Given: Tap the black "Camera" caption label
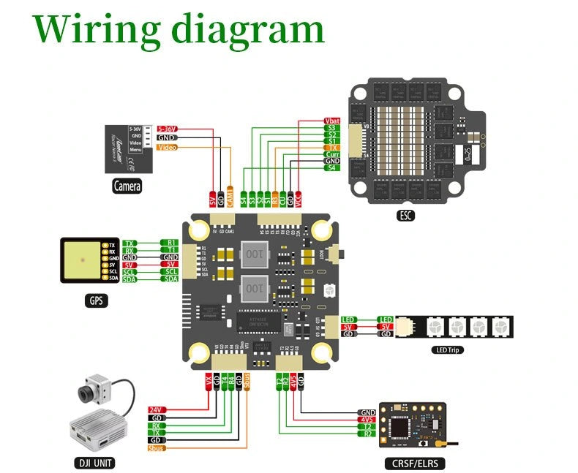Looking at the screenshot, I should point(127,186).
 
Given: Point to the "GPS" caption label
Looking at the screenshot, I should point(97,300).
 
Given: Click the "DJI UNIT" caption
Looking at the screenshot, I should point(96,462).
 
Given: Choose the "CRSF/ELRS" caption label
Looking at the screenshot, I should point(414,462).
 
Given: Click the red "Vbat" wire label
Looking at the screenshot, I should point(331,121).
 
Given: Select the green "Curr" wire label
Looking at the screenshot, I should point(331,154).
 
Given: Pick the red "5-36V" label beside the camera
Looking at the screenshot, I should point(166,129).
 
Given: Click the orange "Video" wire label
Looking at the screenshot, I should point(166,147).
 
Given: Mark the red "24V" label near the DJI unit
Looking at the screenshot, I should point(156,409).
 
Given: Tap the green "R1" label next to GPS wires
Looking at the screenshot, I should point(170,242).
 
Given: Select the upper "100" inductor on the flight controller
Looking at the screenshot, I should point(253,254).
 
